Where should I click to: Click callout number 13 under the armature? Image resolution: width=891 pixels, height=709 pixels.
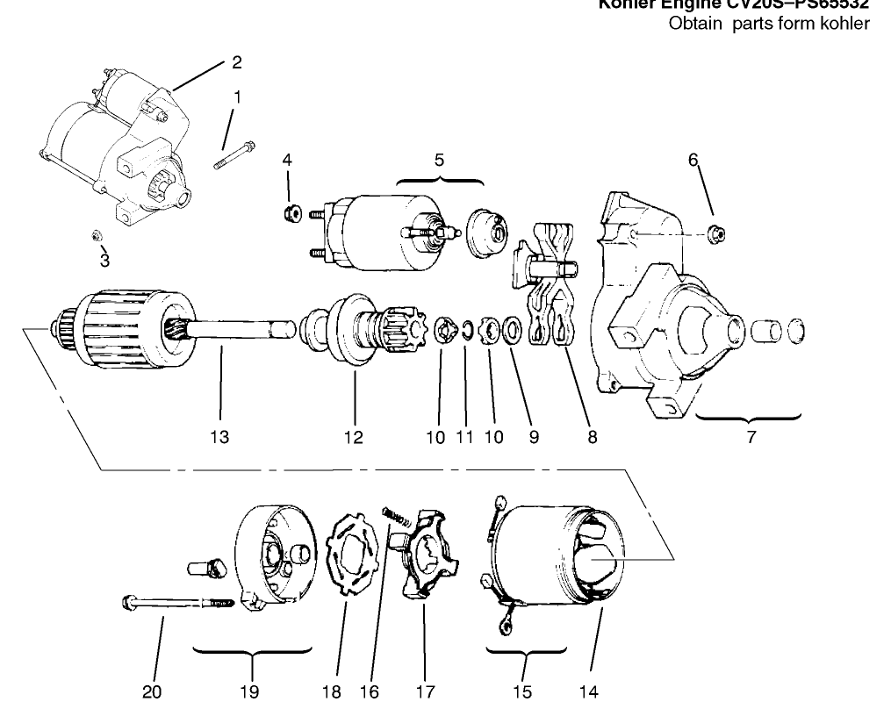coord(219,437)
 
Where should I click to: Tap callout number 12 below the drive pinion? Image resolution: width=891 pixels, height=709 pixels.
coord(353,437)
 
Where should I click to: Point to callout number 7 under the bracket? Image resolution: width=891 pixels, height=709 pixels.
coord(751,437)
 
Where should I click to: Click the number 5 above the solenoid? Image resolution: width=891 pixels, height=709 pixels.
coord(439,160)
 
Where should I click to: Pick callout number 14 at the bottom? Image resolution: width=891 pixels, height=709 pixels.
coord(589,691)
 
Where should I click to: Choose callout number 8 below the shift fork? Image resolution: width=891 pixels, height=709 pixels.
coord(592,437)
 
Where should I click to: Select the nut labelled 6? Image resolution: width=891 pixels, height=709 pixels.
coord(715,233)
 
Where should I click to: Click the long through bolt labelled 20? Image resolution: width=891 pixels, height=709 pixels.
coord(176,603)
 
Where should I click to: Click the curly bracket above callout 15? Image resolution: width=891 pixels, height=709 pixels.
coord(525,650)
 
